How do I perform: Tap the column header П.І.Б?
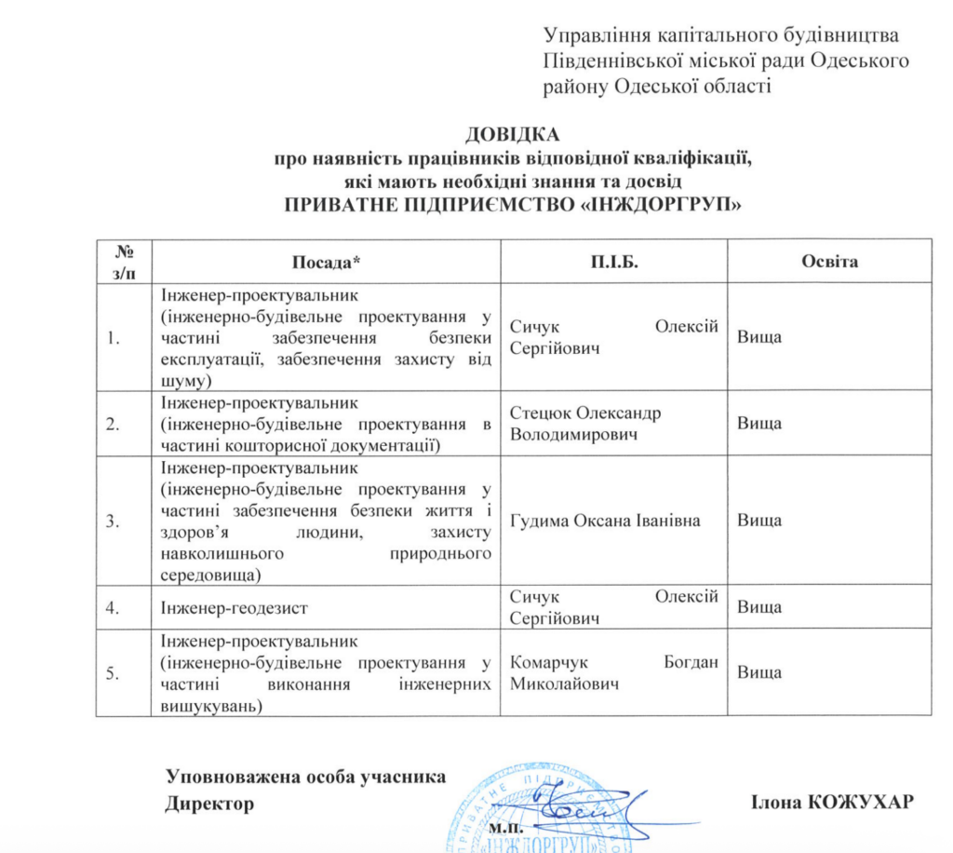pyautogui.click(x=614, y=262)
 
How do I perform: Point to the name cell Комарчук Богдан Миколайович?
pyautogui.click(x=614, y=673)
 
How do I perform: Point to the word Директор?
pyautogui.click(x=209, y=803)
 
